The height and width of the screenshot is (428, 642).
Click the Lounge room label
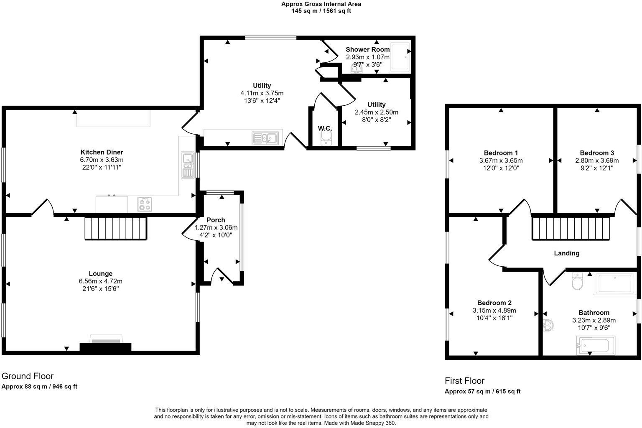[x=100, y=274]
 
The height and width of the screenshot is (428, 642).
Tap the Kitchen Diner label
[x=102, y=152]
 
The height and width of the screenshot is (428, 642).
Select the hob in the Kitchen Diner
[x=145, y=204]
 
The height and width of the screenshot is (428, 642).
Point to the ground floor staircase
[x=116, y=228]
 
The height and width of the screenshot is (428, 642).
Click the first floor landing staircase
[x=570, y=228]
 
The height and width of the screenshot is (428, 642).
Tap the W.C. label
[x=325, y=128]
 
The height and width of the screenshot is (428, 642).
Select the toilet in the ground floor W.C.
[x=325, y=139]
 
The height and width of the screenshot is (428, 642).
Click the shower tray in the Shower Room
[x=400, y=57]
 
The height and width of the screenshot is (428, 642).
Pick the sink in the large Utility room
[x=265, y=138]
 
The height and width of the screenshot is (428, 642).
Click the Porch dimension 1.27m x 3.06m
[x=216, y=228]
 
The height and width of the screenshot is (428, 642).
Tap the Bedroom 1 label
[x=501, y=153]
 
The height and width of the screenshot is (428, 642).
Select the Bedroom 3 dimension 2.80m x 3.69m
[x=597, y=160]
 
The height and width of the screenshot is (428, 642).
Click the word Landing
[x=566, y=253]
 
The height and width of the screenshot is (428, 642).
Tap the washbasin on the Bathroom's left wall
[x=549, y=326]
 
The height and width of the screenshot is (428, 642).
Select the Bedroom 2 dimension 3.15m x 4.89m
[x=494, y=311]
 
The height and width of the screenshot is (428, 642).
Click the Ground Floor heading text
[x=28, y=376]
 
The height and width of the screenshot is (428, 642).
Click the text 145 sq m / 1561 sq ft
[x=321, y=11]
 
